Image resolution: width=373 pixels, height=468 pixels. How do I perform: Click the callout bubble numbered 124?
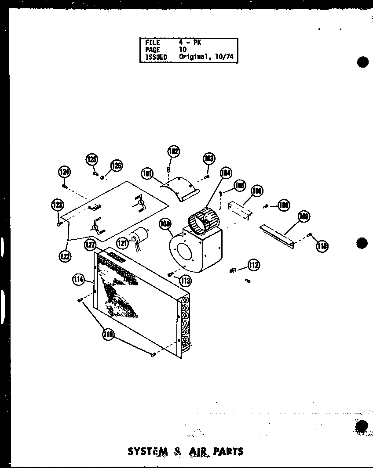[65, 172]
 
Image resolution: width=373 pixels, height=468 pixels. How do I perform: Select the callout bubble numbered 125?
[91, 159]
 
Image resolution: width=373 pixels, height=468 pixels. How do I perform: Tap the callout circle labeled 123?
[57, 205]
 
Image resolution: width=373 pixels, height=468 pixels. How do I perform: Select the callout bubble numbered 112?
[253, 265]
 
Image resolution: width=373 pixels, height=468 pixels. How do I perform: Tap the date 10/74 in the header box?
[225, 57]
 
